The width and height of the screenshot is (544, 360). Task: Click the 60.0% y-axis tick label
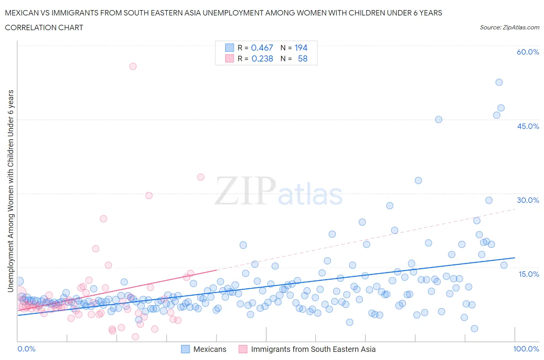528,52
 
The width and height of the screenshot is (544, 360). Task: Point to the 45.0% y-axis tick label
528,126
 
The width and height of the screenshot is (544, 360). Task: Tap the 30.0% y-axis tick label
528,200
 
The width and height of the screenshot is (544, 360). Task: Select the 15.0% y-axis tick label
528,274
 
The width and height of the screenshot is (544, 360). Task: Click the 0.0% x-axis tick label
26,349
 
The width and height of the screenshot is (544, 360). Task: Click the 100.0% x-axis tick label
526,349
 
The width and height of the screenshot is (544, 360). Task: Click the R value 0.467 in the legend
262,48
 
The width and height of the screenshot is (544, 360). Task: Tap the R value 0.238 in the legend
262,58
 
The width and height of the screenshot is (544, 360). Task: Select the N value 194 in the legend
301,48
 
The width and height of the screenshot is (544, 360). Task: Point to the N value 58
303,58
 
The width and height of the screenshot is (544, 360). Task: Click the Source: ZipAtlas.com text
509,27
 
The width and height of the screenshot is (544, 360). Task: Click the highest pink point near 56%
133,66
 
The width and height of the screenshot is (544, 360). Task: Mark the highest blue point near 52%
499,82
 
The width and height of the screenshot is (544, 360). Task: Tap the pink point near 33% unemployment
200,177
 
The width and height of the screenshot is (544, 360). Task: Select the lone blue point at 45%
438,120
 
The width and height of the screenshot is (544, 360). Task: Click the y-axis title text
10,191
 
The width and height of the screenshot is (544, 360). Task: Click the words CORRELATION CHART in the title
44,27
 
